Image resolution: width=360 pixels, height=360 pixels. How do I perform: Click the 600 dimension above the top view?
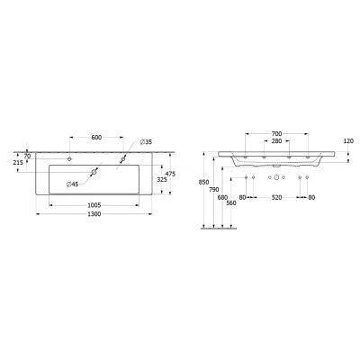tap(94, 138)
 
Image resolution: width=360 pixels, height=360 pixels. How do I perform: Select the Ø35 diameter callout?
tap(148, 142)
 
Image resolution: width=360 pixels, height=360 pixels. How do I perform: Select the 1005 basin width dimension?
tap(93, 204)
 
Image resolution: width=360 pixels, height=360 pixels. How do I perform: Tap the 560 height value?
tap(230, 203)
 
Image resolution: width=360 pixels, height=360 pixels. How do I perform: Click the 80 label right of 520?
tap(311, 197)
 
